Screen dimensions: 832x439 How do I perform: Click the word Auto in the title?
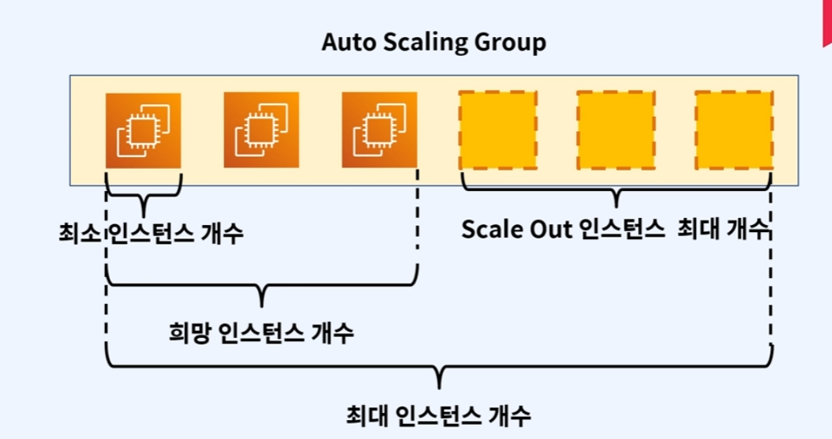tap(348, 42)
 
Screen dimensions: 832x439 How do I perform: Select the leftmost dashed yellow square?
tap(497, 130)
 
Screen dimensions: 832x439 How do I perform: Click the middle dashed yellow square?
tap(616, 130)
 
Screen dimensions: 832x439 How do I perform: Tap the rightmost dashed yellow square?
tap(733, 130)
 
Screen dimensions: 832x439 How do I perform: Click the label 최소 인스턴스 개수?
tap(151, 233)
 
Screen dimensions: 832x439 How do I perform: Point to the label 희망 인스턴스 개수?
tap(261, 332)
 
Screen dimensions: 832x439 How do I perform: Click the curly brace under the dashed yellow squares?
tap(617, 190)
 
